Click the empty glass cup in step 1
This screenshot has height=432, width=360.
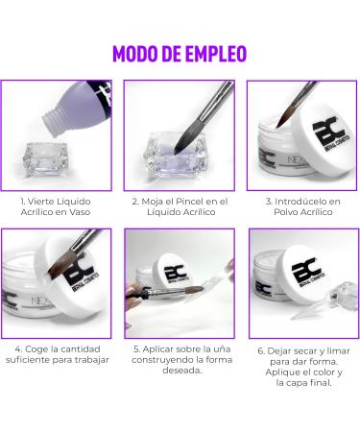click(x=45, y=159)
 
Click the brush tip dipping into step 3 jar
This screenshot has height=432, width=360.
click(x=286, y=114)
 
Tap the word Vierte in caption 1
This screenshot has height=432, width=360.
click(x=40, y=202)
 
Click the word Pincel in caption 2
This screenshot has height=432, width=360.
click(x=190, y=202)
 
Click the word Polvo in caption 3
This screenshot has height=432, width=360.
click(x=285, y=212)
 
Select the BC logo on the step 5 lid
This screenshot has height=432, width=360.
click(x=175, y=273)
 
